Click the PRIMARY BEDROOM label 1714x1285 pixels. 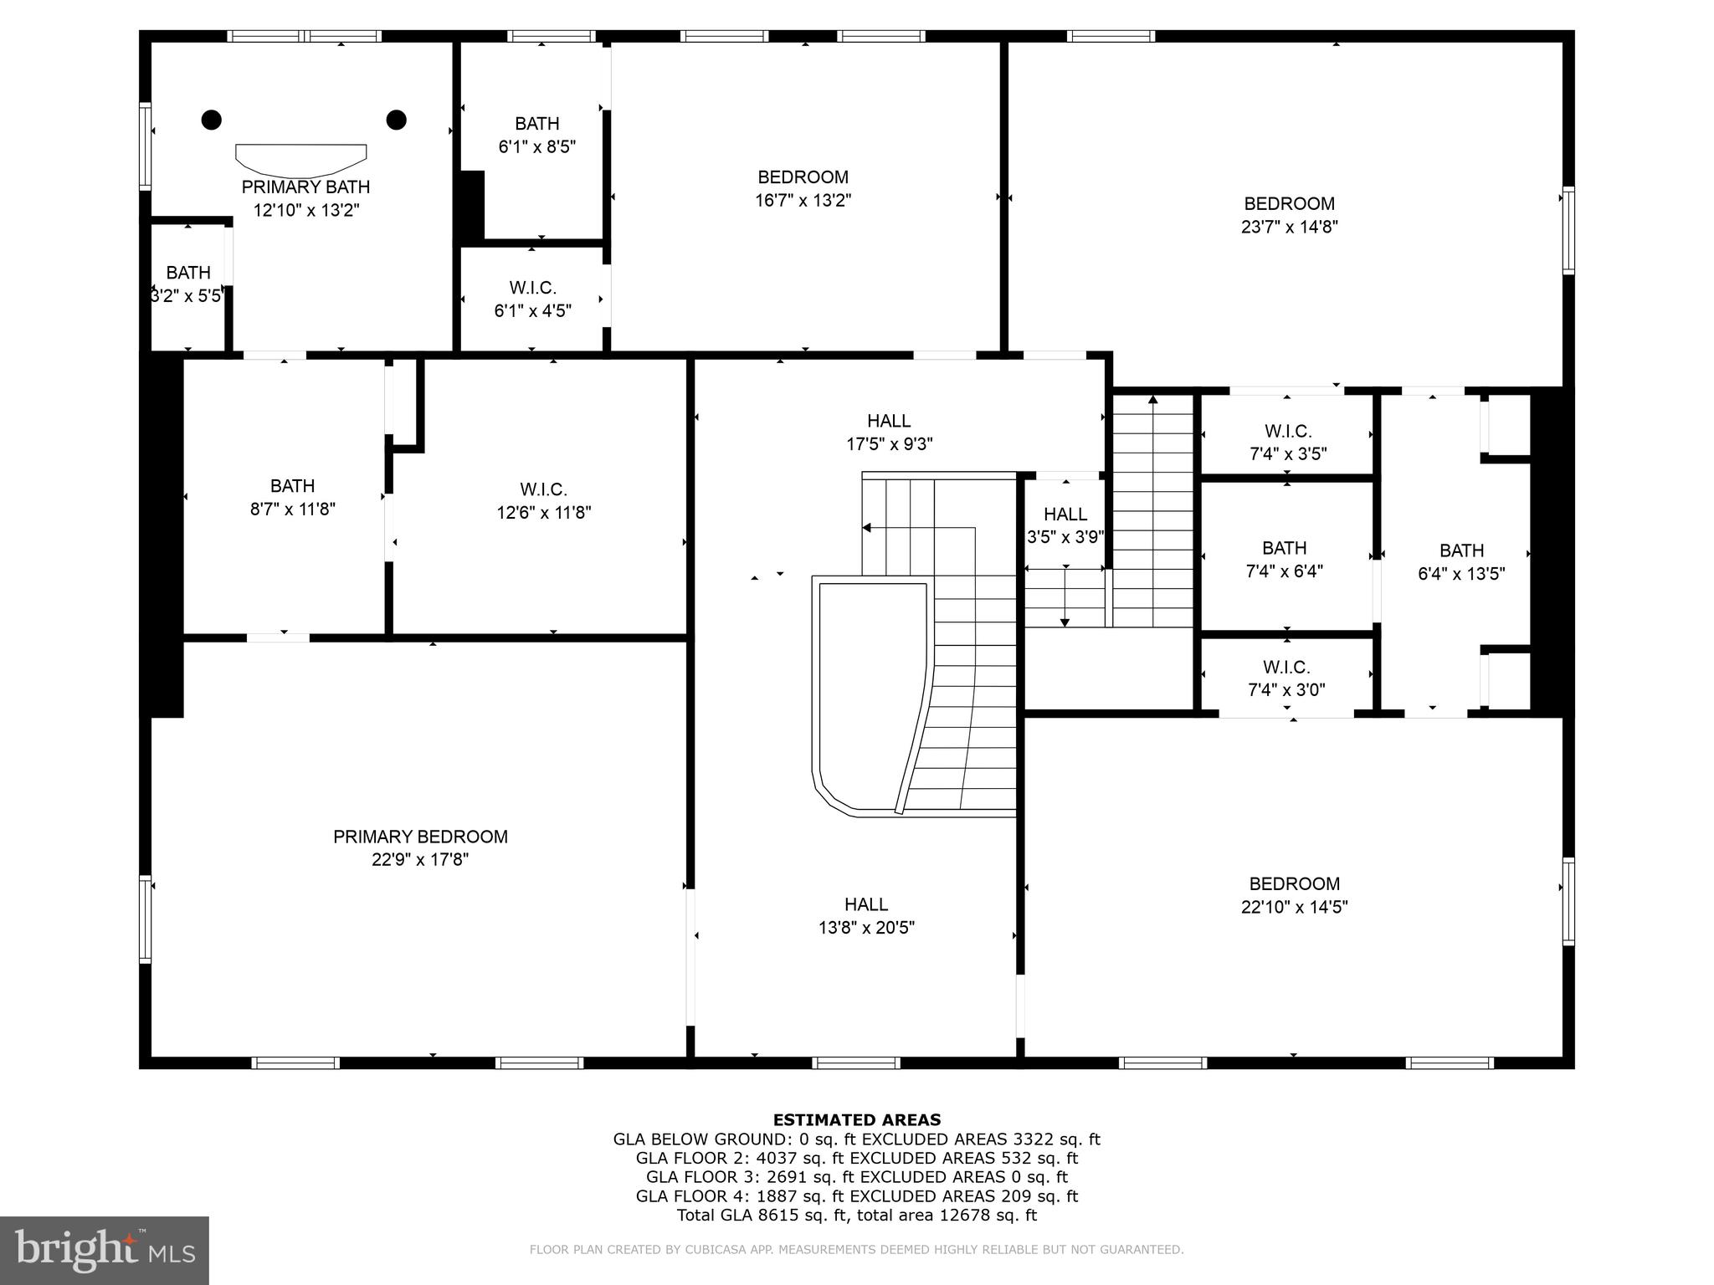[x=420, y=837]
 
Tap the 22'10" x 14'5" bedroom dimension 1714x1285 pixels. [x=1294, y=907]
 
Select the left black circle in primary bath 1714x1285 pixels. [x=212, y=120]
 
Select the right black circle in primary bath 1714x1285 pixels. [x=396, y=120]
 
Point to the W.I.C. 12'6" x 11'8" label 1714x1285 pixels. [x=543, y=500]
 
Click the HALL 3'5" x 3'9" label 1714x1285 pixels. [x=1065, y=525]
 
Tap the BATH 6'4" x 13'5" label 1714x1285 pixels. [x=1461, y=562]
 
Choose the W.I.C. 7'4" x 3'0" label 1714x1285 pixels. [x=1286, y=678]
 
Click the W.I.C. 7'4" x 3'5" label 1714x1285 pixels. [x=1288, y=443]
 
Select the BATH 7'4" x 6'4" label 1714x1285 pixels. [x=1284, y=560]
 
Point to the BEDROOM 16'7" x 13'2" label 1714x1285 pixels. [x=803, y=188]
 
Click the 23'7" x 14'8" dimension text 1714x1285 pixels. [x=1289, y=227]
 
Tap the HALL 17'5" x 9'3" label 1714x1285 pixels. [x=889, y=432]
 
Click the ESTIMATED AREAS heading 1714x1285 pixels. [x=856, y=1119]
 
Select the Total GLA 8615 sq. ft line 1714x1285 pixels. [x=856, y=1216]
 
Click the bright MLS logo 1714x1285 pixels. [x=104, y=1250]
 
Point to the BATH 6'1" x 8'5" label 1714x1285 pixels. [x=536, y=135]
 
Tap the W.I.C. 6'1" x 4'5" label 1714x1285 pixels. [x=532, y=299]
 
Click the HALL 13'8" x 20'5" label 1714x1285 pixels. [x=866, y=915]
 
